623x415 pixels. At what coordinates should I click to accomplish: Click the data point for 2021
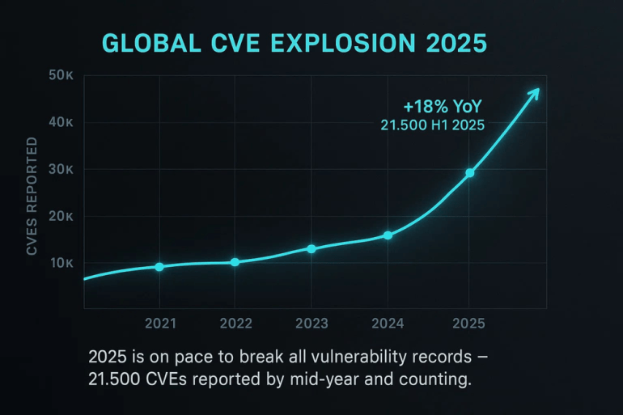point(159,267)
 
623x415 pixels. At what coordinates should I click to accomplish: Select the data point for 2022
point(235,262)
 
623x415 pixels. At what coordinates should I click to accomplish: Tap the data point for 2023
point(311,248)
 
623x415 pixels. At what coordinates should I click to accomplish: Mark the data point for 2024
point(388,235)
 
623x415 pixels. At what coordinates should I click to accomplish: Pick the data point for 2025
point(469,173)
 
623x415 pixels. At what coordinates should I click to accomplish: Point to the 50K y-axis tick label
point(61,75)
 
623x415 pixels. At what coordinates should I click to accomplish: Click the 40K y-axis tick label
point(61,122)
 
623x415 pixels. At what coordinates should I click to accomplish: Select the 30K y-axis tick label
point(61,169)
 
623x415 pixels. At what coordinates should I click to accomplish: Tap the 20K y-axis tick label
point(61,216)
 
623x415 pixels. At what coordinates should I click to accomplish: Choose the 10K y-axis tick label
point(61,263)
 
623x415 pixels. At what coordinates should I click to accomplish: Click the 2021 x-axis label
point(160,324)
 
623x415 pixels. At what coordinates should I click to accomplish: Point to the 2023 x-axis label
point(311,324)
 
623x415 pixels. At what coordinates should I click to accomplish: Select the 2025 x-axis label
point(468,324)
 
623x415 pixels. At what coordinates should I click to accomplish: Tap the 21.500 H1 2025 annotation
point(433,125)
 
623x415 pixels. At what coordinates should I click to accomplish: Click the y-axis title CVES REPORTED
point(32,197)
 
